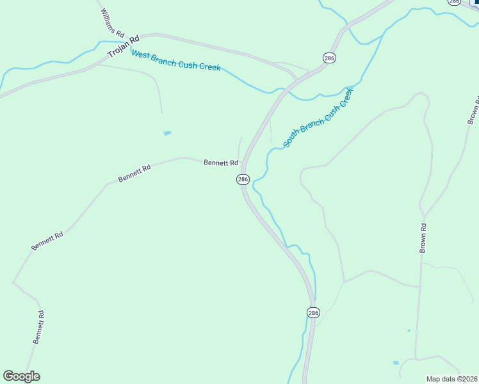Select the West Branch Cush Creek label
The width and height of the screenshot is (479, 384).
coord(176,60)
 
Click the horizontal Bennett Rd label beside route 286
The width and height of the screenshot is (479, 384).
coord(221,163)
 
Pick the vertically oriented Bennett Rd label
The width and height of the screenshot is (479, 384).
coord(39,327)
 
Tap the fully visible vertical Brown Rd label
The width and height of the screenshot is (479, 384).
coord(423,237)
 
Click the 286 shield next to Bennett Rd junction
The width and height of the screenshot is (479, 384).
coord(243,180)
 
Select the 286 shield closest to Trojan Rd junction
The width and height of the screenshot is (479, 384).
coord(329,58)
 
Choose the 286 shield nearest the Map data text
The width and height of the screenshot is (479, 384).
coord(313,312)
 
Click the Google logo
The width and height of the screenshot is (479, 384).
coord(22,376)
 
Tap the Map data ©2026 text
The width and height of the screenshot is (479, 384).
coord(451,379)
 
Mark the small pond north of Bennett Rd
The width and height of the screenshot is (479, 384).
coord(167,133)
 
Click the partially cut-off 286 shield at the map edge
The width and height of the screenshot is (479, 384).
coord(454,2)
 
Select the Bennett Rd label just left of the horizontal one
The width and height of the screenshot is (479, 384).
coord(134,173)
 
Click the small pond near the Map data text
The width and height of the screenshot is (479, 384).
coord(396,363)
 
